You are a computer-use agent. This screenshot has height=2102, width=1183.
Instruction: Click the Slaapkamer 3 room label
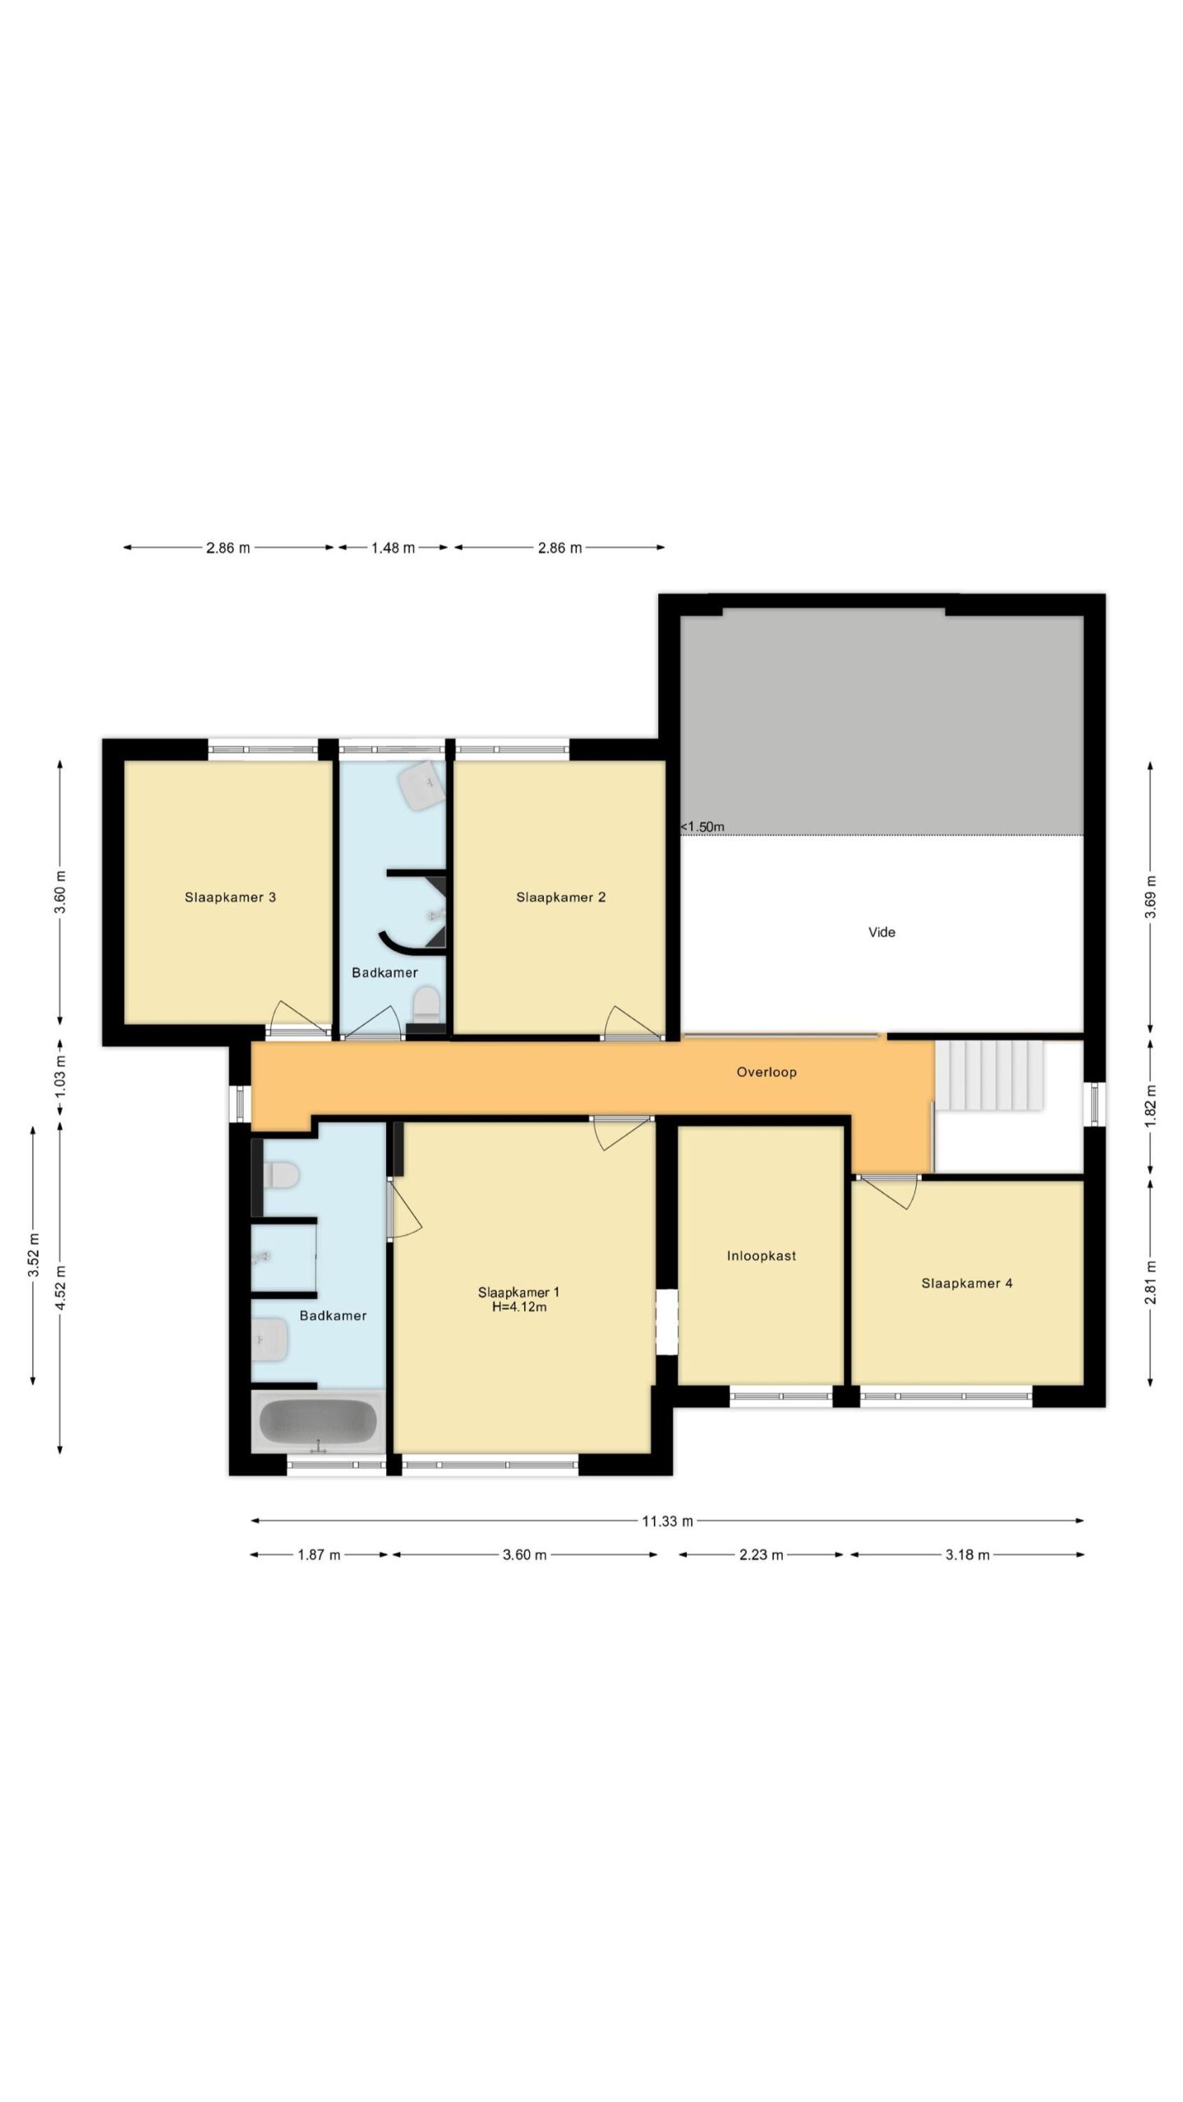pyautogui.click(x=230, y=897)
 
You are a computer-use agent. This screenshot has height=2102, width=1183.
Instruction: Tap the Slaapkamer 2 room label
pyautogui.click(x=561, y=897)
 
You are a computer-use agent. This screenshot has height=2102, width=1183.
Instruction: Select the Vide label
pyautogui.click(x=881, y=932)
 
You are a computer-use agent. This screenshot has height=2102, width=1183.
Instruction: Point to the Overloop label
pyautogui.click(x=766, y=1072)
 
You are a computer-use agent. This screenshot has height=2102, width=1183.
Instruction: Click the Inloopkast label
pyautogui.click(x=762, y=1255)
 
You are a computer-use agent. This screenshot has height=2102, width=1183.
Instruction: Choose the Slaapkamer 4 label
pyautogui.click(x=967, y=1283)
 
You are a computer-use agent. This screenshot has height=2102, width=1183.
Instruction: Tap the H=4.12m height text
pyautogui.click(x=519, y=1306)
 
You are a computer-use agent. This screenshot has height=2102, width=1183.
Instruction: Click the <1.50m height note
pyautogui.click(x=702, y=827)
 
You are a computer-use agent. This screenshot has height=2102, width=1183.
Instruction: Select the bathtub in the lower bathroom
pyautogui.click(x=318, y=1420)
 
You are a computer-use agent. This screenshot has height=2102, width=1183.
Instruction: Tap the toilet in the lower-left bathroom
pyautogui.click(x=279, y=1176)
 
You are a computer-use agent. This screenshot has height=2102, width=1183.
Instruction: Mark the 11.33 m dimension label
pyautogui.click(x=667, y=1521)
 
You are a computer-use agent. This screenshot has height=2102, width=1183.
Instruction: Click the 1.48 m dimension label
pyautogui.click(x=393, y=548)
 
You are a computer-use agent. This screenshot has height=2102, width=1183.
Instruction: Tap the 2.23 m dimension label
pyautogui.click(x=761, y=1554)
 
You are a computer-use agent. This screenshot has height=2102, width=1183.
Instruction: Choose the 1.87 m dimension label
pyautogui.click(x=318, y=1554)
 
